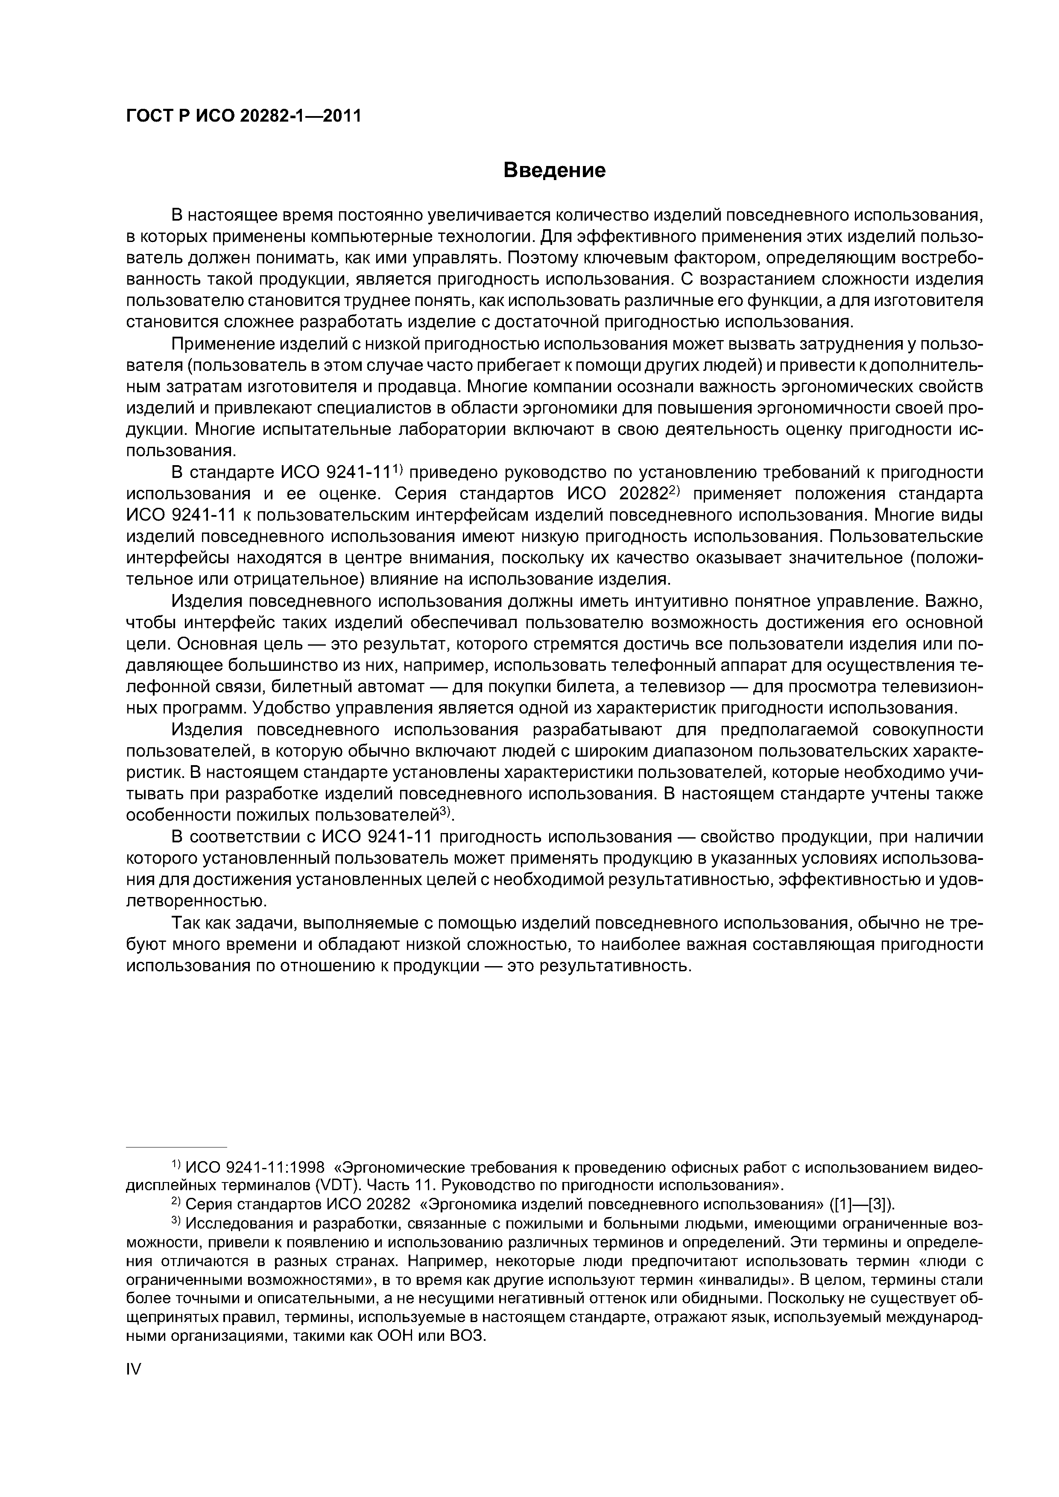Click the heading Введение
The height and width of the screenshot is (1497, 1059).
point(555,171)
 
